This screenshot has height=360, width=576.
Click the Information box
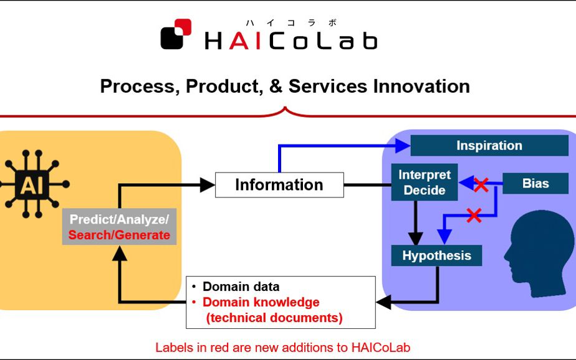pyautogui.click(x=279, y=185)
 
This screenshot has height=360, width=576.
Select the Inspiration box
pyautogui.click(x=489, y=145)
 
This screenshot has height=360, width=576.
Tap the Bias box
pyautogui.click(x=535, y=183)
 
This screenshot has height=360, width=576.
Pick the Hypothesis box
pyautogui.click(x=436, y=255)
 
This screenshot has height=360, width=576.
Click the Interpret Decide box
pyautogui.click(x=425, y=182)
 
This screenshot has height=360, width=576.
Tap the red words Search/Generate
pyautogui.click(x=119, y=235)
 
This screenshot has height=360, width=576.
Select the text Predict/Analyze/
pyautogui.click(x=119, y=219)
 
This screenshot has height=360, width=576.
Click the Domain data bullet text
pyautogui.click(x=241, y=287)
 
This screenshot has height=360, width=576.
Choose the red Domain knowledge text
pyautogui.click(x=261, y=302)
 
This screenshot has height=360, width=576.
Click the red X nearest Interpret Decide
pyautogui.click(x=481, y=185)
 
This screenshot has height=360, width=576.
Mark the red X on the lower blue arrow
pyautogui.click(x=474, y=215)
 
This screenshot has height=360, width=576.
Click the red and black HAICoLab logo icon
pyautogui.click(x=176, y=34)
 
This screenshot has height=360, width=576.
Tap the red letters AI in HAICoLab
pyautogui.click(x=246, y=40)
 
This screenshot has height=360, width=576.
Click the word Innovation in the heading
pyautogui.click(x=421, y=87)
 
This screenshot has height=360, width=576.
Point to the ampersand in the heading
pyautogui.click(x=276, y=87)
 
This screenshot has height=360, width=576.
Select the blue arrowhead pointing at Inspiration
pyautogui.click(x=403, y=146)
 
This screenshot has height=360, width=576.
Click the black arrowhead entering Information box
pyautogui.click(x=208, y=185)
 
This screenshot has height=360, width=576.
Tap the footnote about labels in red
pyautogui.click(x=282, y=347)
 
